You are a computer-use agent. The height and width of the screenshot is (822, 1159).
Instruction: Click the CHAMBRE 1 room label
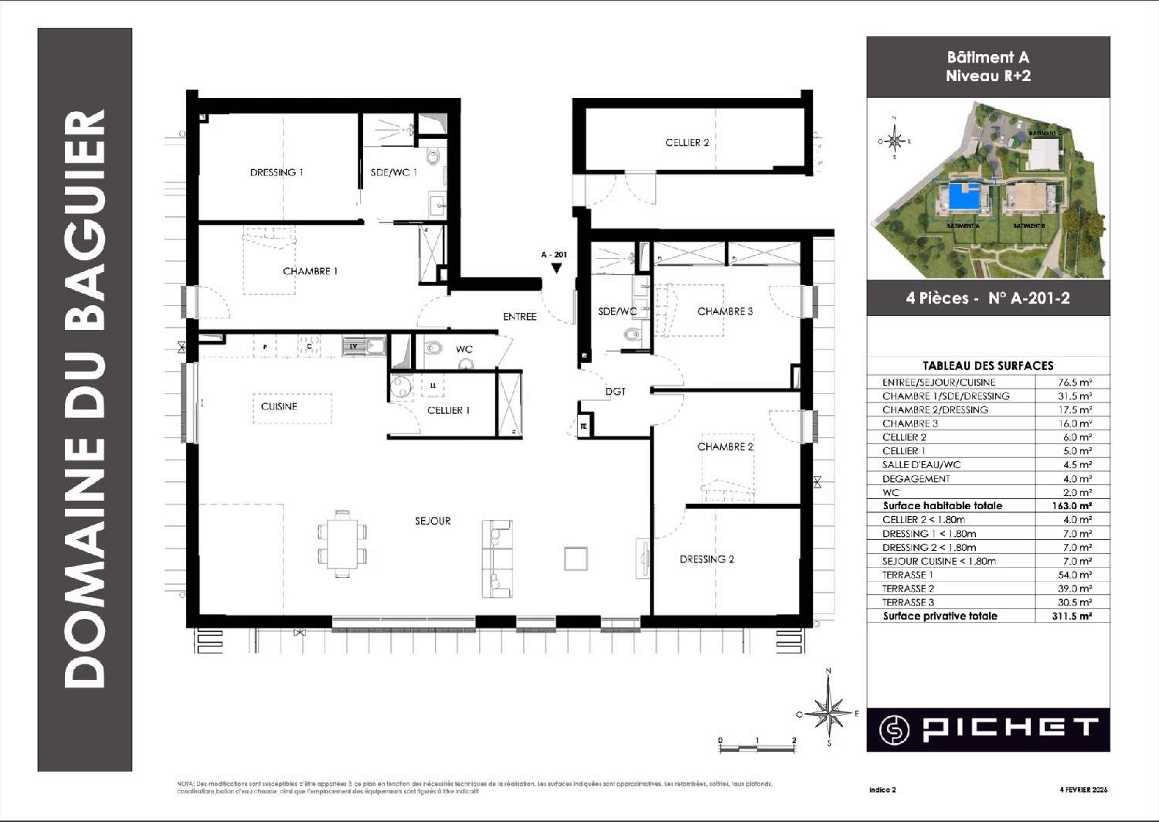pyautogui.click(x=310, y=271)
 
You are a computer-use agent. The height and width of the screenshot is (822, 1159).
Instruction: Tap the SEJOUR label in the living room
pyautogui.click(x=433, y=521)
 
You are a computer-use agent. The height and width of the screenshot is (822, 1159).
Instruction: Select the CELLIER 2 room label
pyautogui.click(x=687, y=142)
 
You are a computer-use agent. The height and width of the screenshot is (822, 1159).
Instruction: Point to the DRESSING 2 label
pyautogui.click(x=706, y=559)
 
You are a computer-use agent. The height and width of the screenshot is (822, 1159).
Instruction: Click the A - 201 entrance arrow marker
pyautogui.click(x=556, y=268)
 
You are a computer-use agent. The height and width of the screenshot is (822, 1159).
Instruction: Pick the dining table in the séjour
pyautogui.click(x=342, y=543)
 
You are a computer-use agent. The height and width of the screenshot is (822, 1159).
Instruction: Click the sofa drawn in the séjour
pyautogui.click(x=497, y=559)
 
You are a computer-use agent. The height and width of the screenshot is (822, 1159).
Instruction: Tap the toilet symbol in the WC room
pyautogui.click(x=433, y=349)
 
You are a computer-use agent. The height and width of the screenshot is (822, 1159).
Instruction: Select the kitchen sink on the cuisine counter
pyautogui.click(x=362, y=347)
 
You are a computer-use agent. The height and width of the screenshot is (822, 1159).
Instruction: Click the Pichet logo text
pyautogui.click(x=1010, y=728)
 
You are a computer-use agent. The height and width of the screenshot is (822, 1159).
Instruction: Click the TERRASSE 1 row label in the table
pyautogui.click(x=907, y=575)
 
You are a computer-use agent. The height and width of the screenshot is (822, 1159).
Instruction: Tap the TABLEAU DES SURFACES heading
pyautogui.click(x=987, y=365)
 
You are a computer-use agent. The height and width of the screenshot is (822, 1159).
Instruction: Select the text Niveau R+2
pyautogui.click(x=987, y=76)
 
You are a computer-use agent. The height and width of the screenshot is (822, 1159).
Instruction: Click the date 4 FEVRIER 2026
pyautogui.click(x=1083, y=790)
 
